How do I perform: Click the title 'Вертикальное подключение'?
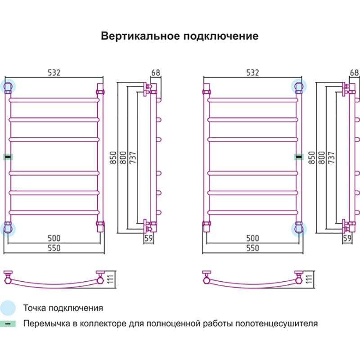tap(180, 36)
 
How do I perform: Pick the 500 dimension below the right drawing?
tap(252, 238)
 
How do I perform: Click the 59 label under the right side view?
tap(347, 239)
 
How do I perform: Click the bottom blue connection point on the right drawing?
tap(298, 228)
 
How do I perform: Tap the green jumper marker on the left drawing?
tap(9, 157)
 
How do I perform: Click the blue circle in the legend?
tap(8, 308)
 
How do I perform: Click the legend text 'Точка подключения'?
tap(63, 308)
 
